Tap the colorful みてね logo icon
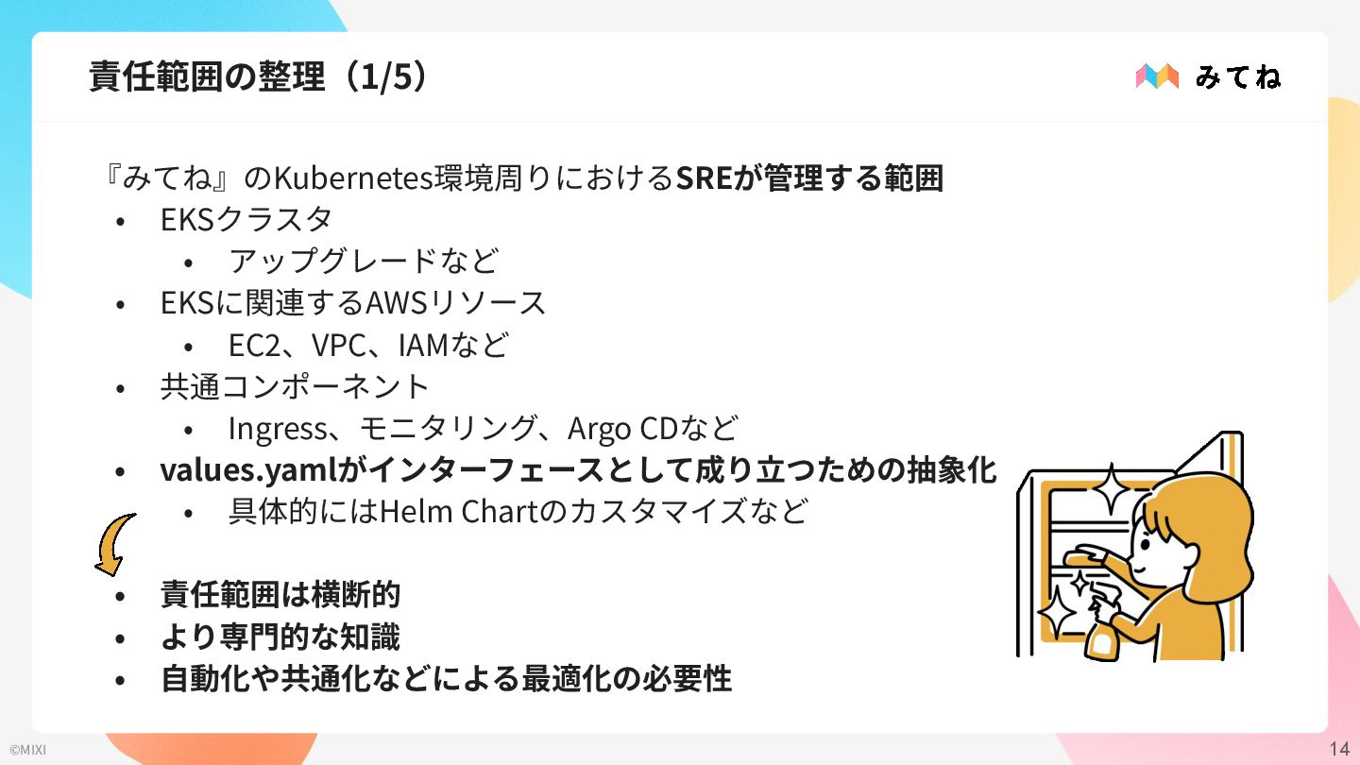pos(1157,76)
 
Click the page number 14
pos(1338,750)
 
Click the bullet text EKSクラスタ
pos(246,220)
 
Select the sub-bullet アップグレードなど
pos(363,262)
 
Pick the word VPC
pos(339,346)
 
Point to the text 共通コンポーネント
pos(295,386)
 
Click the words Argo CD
pos(619,429)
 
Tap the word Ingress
pos(277,429)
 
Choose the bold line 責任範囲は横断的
pos(280,596)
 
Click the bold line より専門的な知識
pos(280,637)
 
